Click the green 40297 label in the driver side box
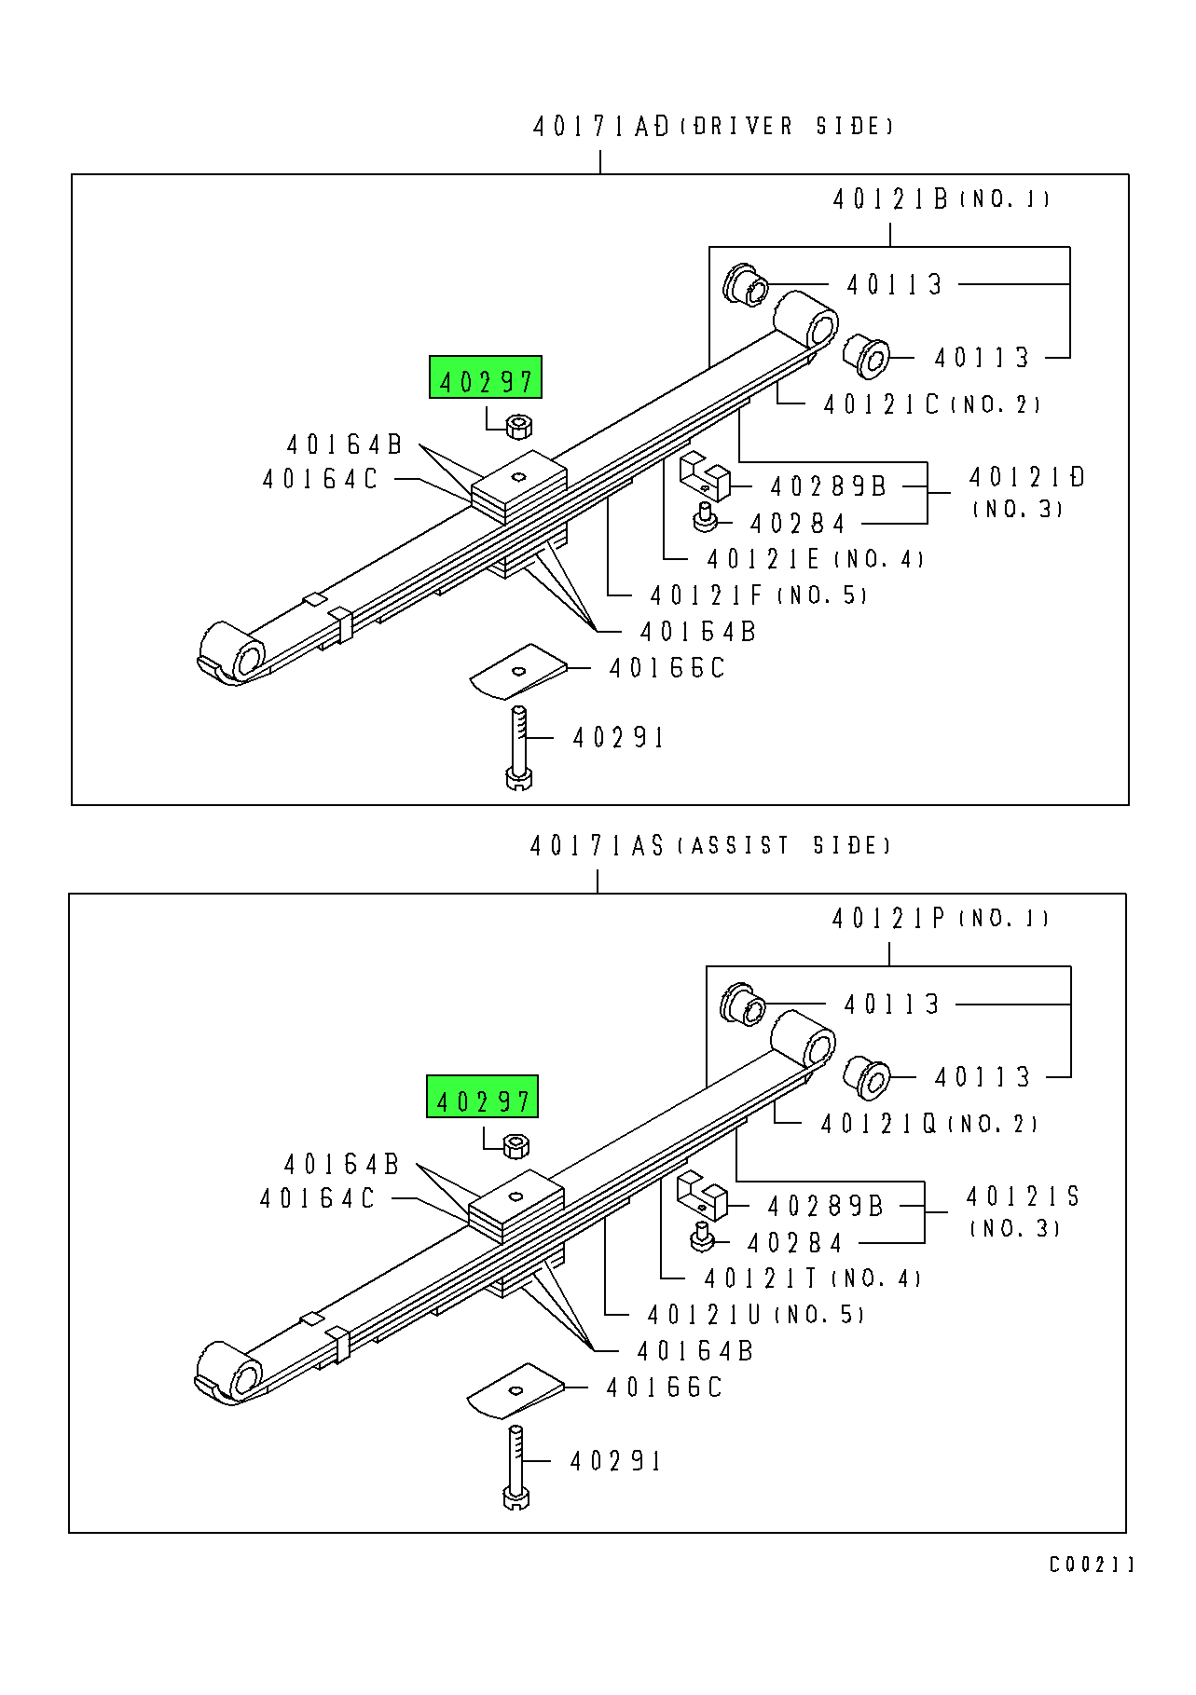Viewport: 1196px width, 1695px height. [485, 378]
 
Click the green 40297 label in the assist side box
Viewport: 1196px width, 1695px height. [482, 1098]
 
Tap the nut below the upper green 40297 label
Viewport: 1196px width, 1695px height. [519, 427]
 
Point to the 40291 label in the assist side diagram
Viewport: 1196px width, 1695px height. [615, 1461]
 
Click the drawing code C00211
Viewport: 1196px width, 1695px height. [1091, 1565]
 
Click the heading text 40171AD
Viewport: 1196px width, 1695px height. [601, 127]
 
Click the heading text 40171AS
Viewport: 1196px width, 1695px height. [598, 846]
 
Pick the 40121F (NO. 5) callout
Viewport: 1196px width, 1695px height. [758, 595]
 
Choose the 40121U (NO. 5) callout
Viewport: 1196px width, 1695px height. [755, 1315]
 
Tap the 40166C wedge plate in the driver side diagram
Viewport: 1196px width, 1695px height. [517, 671]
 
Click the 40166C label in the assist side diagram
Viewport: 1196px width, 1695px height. [664, 1388]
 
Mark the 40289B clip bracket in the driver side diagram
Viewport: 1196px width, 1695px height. [705, 474]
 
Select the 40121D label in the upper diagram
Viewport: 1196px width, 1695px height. [1027, 478]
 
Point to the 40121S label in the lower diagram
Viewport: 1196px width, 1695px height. [1023, 1197]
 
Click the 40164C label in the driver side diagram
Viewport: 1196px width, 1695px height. [321, 480]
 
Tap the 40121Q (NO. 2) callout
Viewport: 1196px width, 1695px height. [928, 1125]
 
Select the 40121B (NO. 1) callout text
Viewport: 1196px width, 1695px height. [940, 199]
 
